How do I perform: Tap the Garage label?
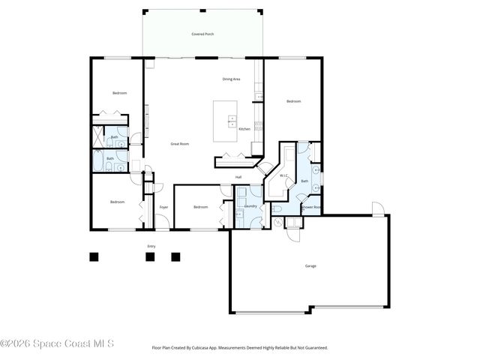coord(310,265)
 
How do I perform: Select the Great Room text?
coord(179,143)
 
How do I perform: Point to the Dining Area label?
coord(231,79)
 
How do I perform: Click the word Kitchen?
coord(244,129)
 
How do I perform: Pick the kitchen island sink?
coord(232,121)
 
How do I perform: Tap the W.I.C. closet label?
coord(283,175)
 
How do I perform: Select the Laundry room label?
coord(250,205)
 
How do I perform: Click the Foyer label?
coord(163,206)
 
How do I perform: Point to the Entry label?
coord(151,246)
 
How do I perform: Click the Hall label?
coord(238,177)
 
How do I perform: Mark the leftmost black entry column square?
coord(94,256)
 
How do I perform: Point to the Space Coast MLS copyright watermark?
coord(57,344)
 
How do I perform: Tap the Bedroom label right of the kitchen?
coord(292,101)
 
